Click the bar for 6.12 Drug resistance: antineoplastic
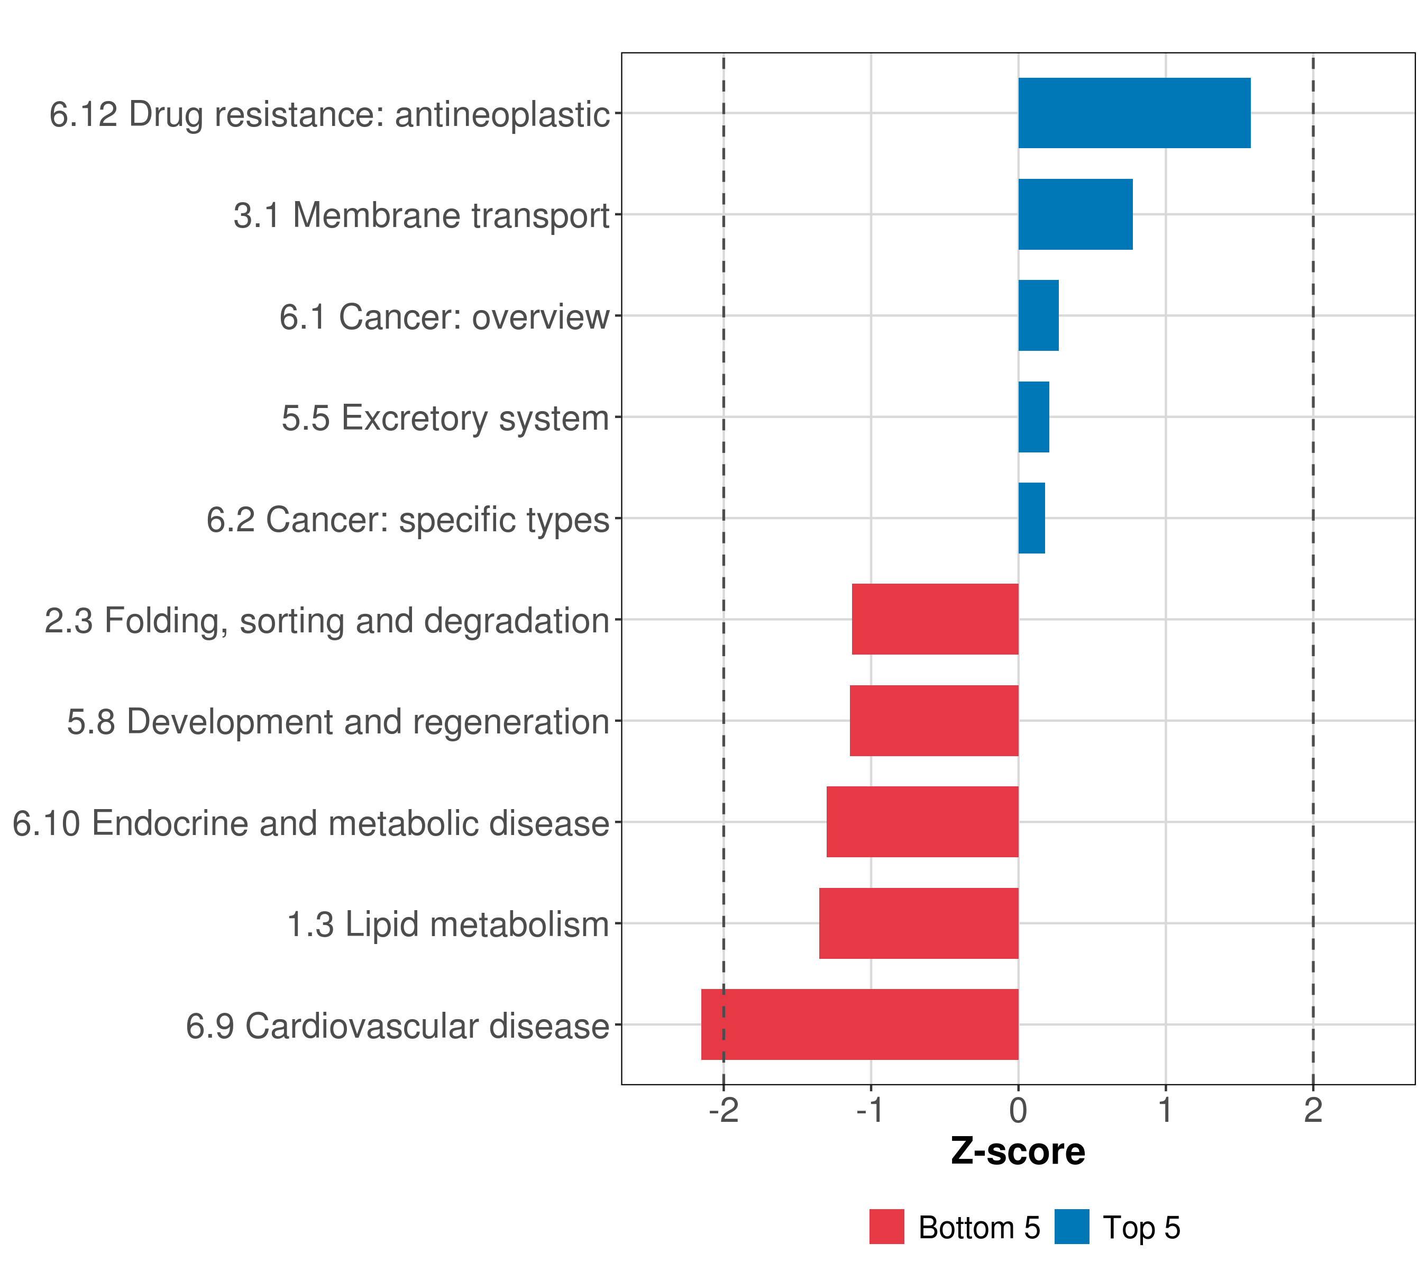coord(1134,113)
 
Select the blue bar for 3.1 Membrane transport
coord(1075,215)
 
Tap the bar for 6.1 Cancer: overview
coord(1038,316)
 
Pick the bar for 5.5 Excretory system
coord(1033,418)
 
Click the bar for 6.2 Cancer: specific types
coord(1031,519)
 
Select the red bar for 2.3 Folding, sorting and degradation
coord(935,619)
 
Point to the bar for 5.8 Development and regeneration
coord(933,721)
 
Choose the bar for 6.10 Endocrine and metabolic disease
coord(922,822)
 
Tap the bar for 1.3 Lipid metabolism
coord(918,923)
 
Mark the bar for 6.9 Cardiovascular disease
coord(859,1024)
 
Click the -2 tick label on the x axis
coord(723,1111)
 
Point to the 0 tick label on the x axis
coord(1018,1111)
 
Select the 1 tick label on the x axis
coord(1165,1111)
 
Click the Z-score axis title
coord(1018,1152)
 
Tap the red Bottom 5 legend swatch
coord(886,1227)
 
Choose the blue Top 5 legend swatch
coord(1072,1227)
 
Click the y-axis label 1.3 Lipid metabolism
coord(448,924)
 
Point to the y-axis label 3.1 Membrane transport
coord(422,215)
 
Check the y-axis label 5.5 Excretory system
coord(445,418)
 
